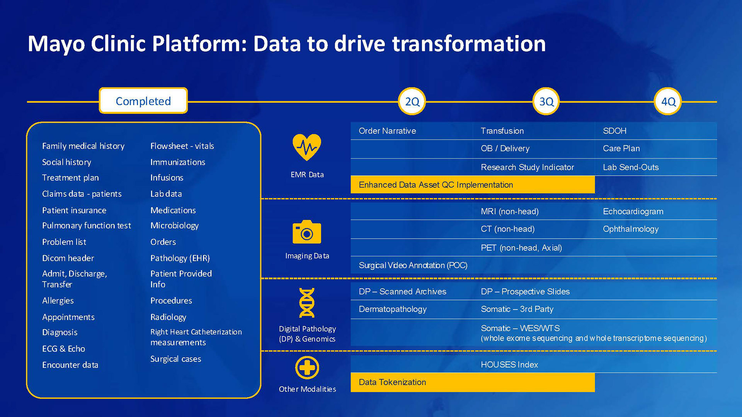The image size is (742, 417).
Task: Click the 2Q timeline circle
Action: point(412,102)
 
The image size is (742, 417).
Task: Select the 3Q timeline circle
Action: point(546,102)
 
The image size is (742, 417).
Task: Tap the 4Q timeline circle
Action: point(668,102)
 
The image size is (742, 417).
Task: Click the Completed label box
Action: point(143,101)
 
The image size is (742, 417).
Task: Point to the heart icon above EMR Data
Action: point(307,147)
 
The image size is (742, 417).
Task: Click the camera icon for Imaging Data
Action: point(307,232)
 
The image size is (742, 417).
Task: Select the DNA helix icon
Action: point(307,303)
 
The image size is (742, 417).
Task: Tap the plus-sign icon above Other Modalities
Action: point(307,368)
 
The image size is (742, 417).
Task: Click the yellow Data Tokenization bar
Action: point(472,382)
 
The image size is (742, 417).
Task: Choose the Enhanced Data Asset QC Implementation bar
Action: point(472,185)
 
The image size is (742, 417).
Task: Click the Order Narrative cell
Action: point(387,131)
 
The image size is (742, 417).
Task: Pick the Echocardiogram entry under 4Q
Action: point(633,212)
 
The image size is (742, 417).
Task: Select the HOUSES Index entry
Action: point(509,364)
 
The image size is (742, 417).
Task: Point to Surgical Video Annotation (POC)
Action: point(413,265)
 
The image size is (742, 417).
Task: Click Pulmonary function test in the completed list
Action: point(87,225)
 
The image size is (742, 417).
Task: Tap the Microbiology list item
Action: point(174,225)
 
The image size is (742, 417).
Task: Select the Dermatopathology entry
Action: point(393,309)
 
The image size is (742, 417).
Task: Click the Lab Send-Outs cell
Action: point(631,167)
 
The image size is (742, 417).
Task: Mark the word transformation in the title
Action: point(469,44)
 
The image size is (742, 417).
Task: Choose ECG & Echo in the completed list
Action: point(63,349)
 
